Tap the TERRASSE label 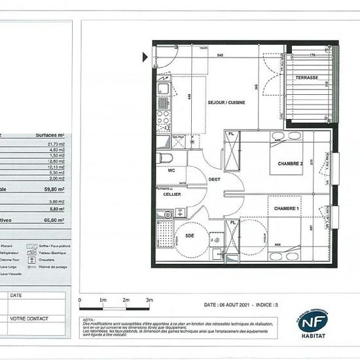(306, 78)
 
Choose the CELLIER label (172, 194)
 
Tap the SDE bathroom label (189, 236)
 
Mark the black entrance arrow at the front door (145, 57)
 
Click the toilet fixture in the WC (166, 159)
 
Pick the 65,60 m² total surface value (54, 221)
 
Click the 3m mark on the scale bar (149, 300)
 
